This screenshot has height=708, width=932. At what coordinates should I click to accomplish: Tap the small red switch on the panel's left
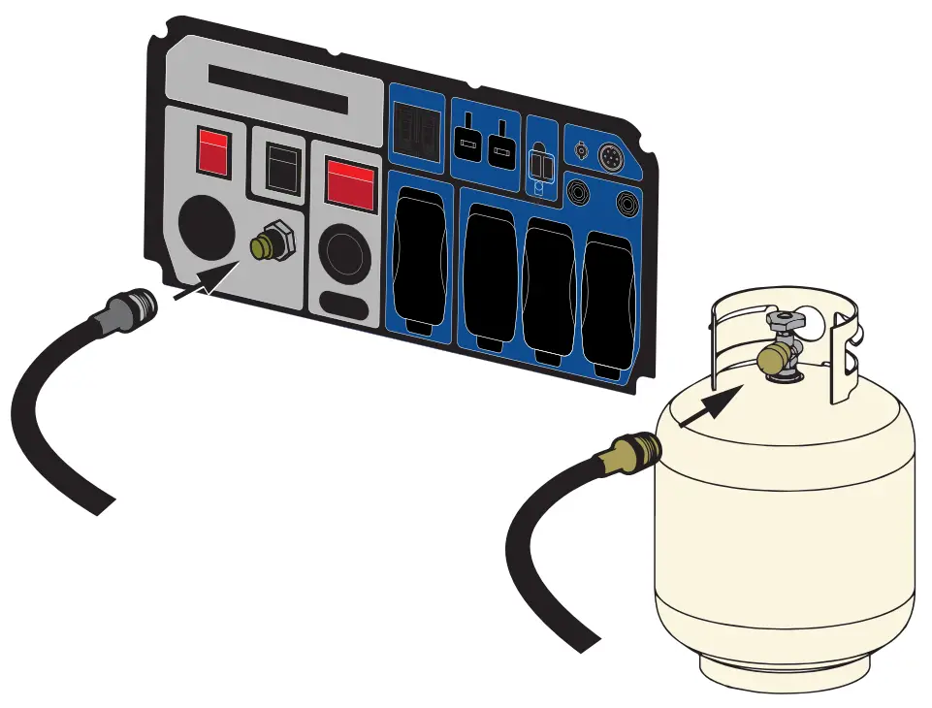click(x=214, y=151)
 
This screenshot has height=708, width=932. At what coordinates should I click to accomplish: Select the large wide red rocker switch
click(x=350, y=183)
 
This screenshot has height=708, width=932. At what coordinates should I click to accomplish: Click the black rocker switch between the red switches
click(x=280, y=169)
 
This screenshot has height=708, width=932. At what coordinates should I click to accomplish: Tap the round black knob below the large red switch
click(x=347, y=253)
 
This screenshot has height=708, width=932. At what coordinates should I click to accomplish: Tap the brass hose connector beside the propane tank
click(x=635, y=452)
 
